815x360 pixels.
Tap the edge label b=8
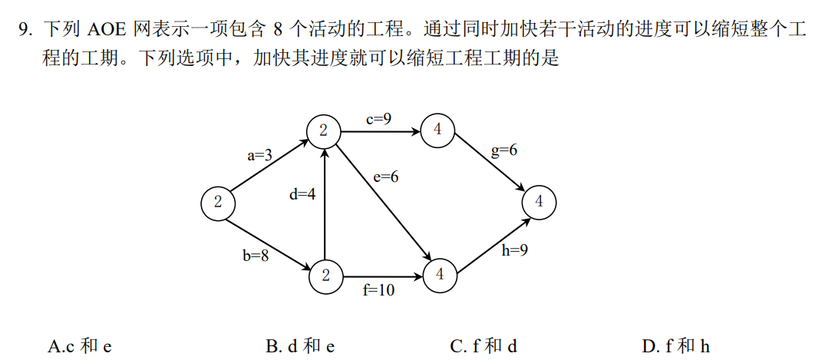point(256,256)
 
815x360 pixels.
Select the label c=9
point(378,118)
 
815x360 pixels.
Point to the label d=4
point(302,194)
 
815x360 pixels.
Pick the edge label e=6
point(386,177)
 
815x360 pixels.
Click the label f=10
point(379,290)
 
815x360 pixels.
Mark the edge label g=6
point(504,150)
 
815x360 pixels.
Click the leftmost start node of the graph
point(218,203)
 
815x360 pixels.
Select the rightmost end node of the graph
point(539,202)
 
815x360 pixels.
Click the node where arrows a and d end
point(324,131)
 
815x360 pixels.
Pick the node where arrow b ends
point(326,275)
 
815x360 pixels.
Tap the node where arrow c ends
point(437,130)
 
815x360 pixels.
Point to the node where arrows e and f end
point(439,274)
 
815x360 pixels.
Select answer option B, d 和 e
point(300,346)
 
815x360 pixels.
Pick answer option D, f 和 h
point(676,346)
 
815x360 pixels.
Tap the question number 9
point(25,31)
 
